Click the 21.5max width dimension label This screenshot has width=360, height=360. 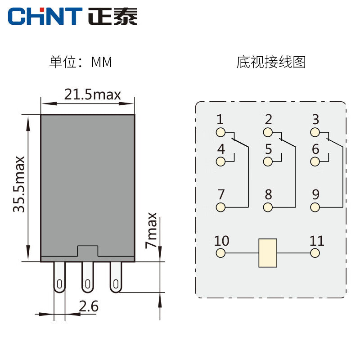[x=92, y=94]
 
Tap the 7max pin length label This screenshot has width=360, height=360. [x=152, y=230]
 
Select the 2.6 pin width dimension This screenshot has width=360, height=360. [x=89, y=306]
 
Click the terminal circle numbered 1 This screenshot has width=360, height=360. [x=220, y=132]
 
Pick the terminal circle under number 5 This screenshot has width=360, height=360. [x=269, y=162]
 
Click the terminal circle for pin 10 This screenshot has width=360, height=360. [x=220, y=253]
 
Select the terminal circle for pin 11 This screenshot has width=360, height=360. [x=316, y=253]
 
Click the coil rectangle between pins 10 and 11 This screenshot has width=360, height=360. [x=268, y=253]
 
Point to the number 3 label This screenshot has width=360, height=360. [x=315, y=120]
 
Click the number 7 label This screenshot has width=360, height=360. [x=220, y=195]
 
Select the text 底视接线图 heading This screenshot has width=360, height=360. [x=271, y=62]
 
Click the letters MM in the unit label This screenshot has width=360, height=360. [x=101, y=62]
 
